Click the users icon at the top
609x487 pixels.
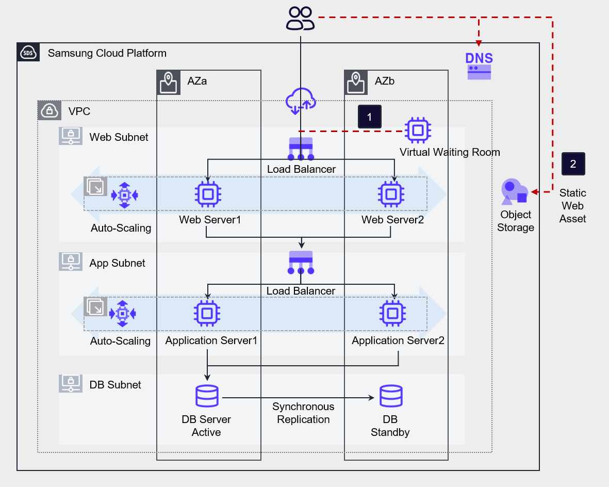point(301,18)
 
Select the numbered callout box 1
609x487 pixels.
point(369,117)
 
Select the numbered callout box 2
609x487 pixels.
point(573,164)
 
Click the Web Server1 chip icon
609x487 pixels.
point(208,194)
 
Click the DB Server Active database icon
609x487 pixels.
point(207,397)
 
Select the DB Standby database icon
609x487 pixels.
point(391,397)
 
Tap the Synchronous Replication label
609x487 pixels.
point(303,413)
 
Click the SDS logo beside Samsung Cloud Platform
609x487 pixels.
point(28,53)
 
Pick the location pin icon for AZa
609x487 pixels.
point(169,83)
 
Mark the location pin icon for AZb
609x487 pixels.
point(356,83)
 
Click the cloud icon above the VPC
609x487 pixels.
point(300,100)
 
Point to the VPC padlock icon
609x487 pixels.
point(50,111)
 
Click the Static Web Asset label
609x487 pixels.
point(573,206)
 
